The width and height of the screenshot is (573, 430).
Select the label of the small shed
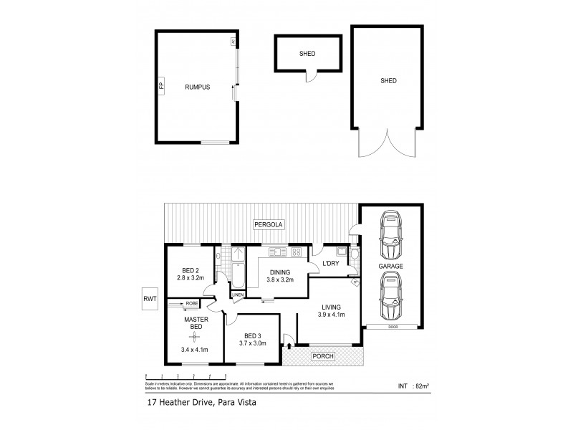click(x=307, y=53)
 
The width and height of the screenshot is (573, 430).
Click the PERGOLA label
click(x=270, y=225)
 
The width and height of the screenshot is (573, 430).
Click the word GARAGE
click(x=390, y=266)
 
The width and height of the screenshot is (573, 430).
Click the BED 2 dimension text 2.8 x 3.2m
click(x=191, y=277)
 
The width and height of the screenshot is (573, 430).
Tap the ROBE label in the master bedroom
click(x=192, y=304)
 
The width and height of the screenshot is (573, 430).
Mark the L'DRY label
click(x=331, y=264)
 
